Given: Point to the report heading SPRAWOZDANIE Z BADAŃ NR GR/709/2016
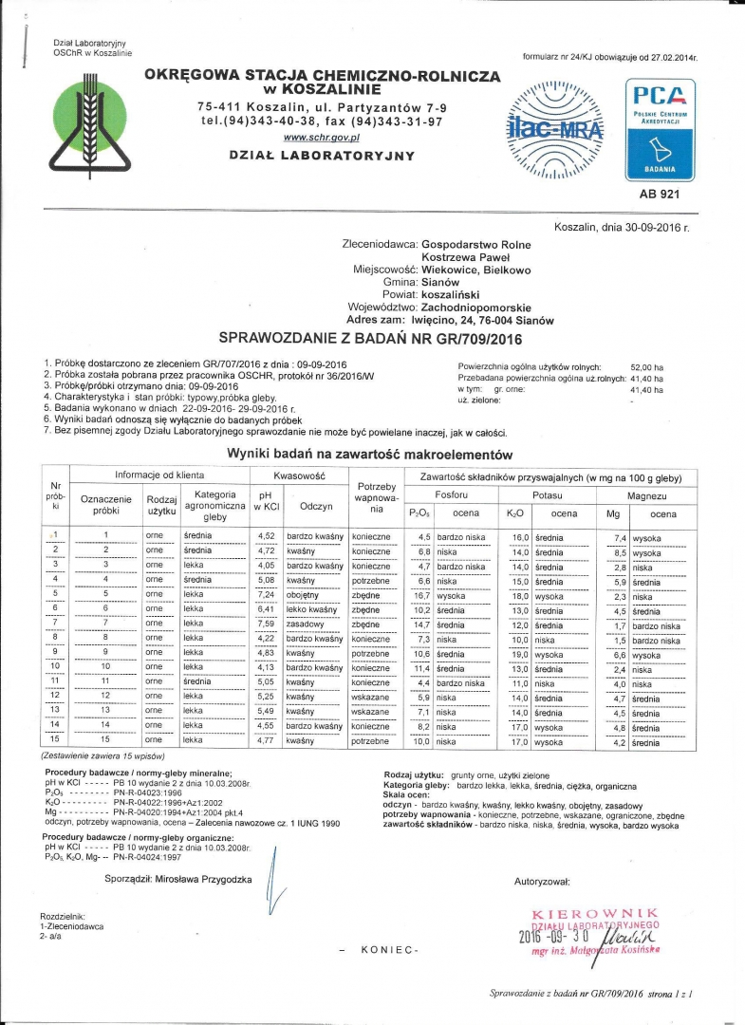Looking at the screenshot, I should click(371, 338).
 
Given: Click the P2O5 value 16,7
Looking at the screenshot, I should click(422, 595).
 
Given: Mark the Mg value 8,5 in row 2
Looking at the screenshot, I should click(621, 552).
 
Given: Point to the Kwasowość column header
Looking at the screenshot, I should click(299, 475).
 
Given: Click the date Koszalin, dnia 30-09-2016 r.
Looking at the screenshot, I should click(621, 229).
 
